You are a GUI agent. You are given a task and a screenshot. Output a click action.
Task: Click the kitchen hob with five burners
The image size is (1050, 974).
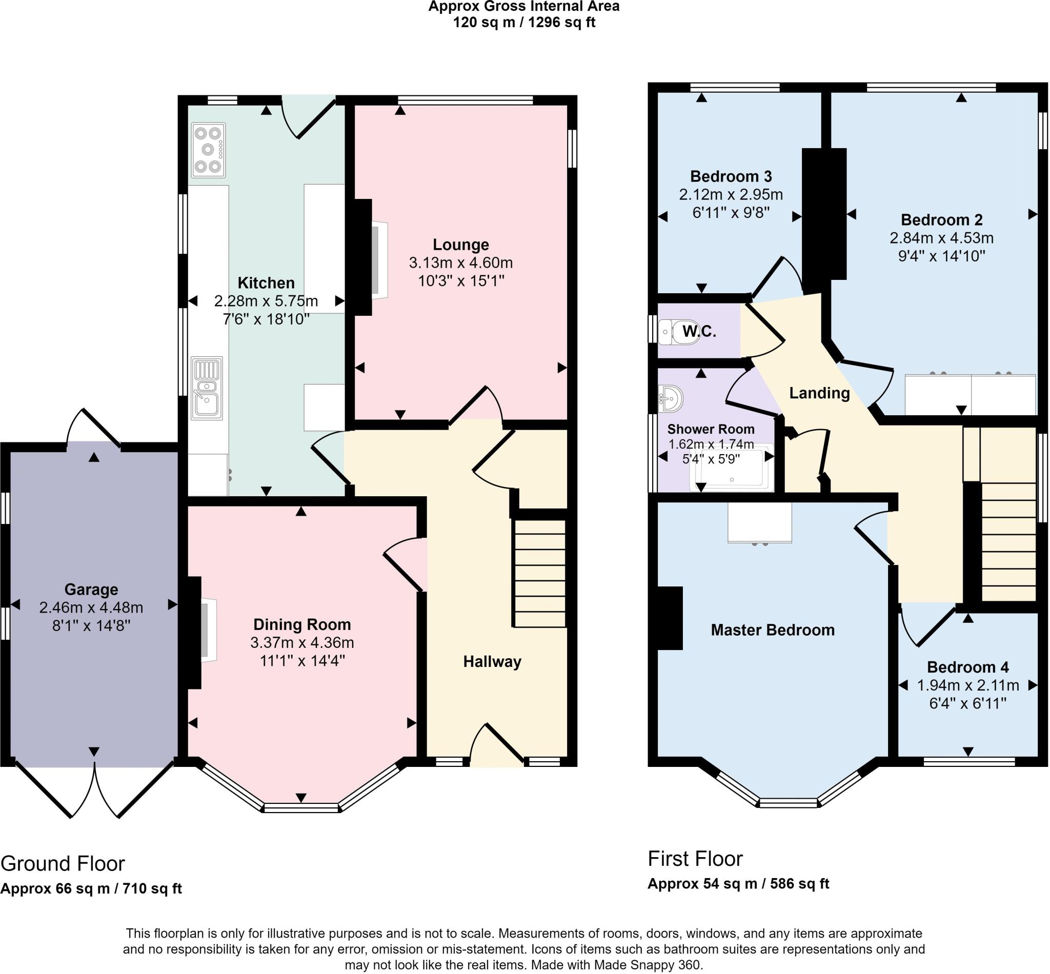pos(209,150)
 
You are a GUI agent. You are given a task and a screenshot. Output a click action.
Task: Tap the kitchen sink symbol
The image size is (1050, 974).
pos(207,388)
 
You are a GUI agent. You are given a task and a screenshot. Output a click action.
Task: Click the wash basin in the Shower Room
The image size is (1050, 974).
pos(671,398)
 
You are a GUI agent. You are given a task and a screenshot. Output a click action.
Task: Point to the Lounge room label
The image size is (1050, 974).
pos(461,245)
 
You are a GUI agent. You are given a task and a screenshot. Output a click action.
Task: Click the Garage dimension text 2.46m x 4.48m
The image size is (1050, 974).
pos(91,607)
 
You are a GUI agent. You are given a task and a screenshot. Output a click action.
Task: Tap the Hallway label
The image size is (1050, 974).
pos(492,661)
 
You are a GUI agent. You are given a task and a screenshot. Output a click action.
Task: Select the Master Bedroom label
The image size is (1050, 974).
pos(772,630)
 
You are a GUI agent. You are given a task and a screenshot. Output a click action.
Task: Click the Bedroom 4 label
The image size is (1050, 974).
pos(968,667)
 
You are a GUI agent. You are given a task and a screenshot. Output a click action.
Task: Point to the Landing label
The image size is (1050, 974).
pos(819,393)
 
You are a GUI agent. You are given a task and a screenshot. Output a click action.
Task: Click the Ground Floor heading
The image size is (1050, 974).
pos(63,864)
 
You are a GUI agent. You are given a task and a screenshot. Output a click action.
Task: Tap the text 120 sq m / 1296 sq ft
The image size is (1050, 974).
pos(524,23)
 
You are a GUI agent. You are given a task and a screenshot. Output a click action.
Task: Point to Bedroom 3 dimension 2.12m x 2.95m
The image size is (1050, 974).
pos(731,194)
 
